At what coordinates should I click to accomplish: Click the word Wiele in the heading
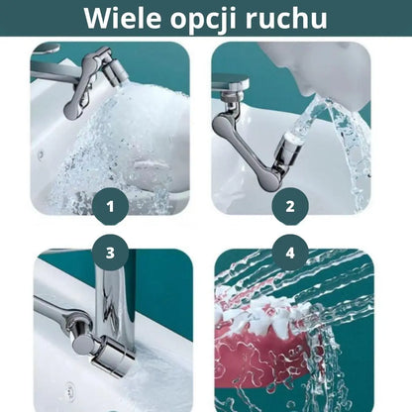coord(124,18)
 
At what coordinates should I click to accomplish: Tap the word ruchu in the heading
coord(286,18)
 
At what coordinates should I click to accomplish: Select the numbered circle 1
coord(110,207)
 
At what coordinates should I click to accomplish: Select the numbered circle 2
coord(290,207)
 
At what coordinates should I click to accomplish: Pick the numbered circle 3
coord(110,253)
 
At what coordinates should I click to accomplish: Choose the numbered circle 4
coord(290,253)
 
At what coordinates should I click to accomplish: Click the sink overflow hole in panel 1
coord(42,154)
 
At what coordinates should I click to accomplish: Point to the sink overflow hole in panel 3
coord(70,388)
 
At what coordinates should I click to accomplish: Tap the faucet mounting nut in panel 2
coord(233,96)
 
